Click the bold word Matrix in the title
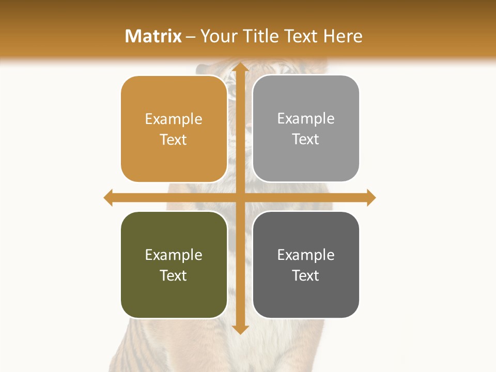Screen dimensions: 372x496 [x=153, y=36]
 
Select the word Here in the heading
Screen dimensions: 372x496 [x=343, y=36]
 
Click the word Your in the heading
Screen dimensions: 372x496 [x=219, y=36]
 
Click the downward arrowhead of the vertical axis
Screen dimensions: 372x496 [x=240, y=329]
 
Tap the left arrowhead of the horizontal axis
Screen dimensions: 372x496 [x=109, y=197]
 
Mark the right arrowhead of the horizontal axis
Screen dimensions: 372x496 [x=371, y=197]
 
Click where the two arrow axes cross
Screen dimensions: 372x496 [x=240, y=197]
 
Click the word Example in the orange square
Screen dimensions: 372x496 [x=174, y=119]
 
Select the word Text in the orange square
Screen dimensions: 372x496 [x=174, y=139]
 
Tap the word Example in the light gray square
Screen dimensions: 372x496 [x=306, y=119]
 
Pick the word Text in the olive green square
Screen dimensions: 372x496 [x=174, y=275]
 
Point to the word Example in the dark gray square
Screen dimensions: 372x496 [x=306, y=255]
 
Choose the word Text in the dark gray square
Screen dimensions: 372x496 [x=306, y=275]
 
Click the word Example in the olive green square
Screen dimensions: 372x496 [x=174, y=255]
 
